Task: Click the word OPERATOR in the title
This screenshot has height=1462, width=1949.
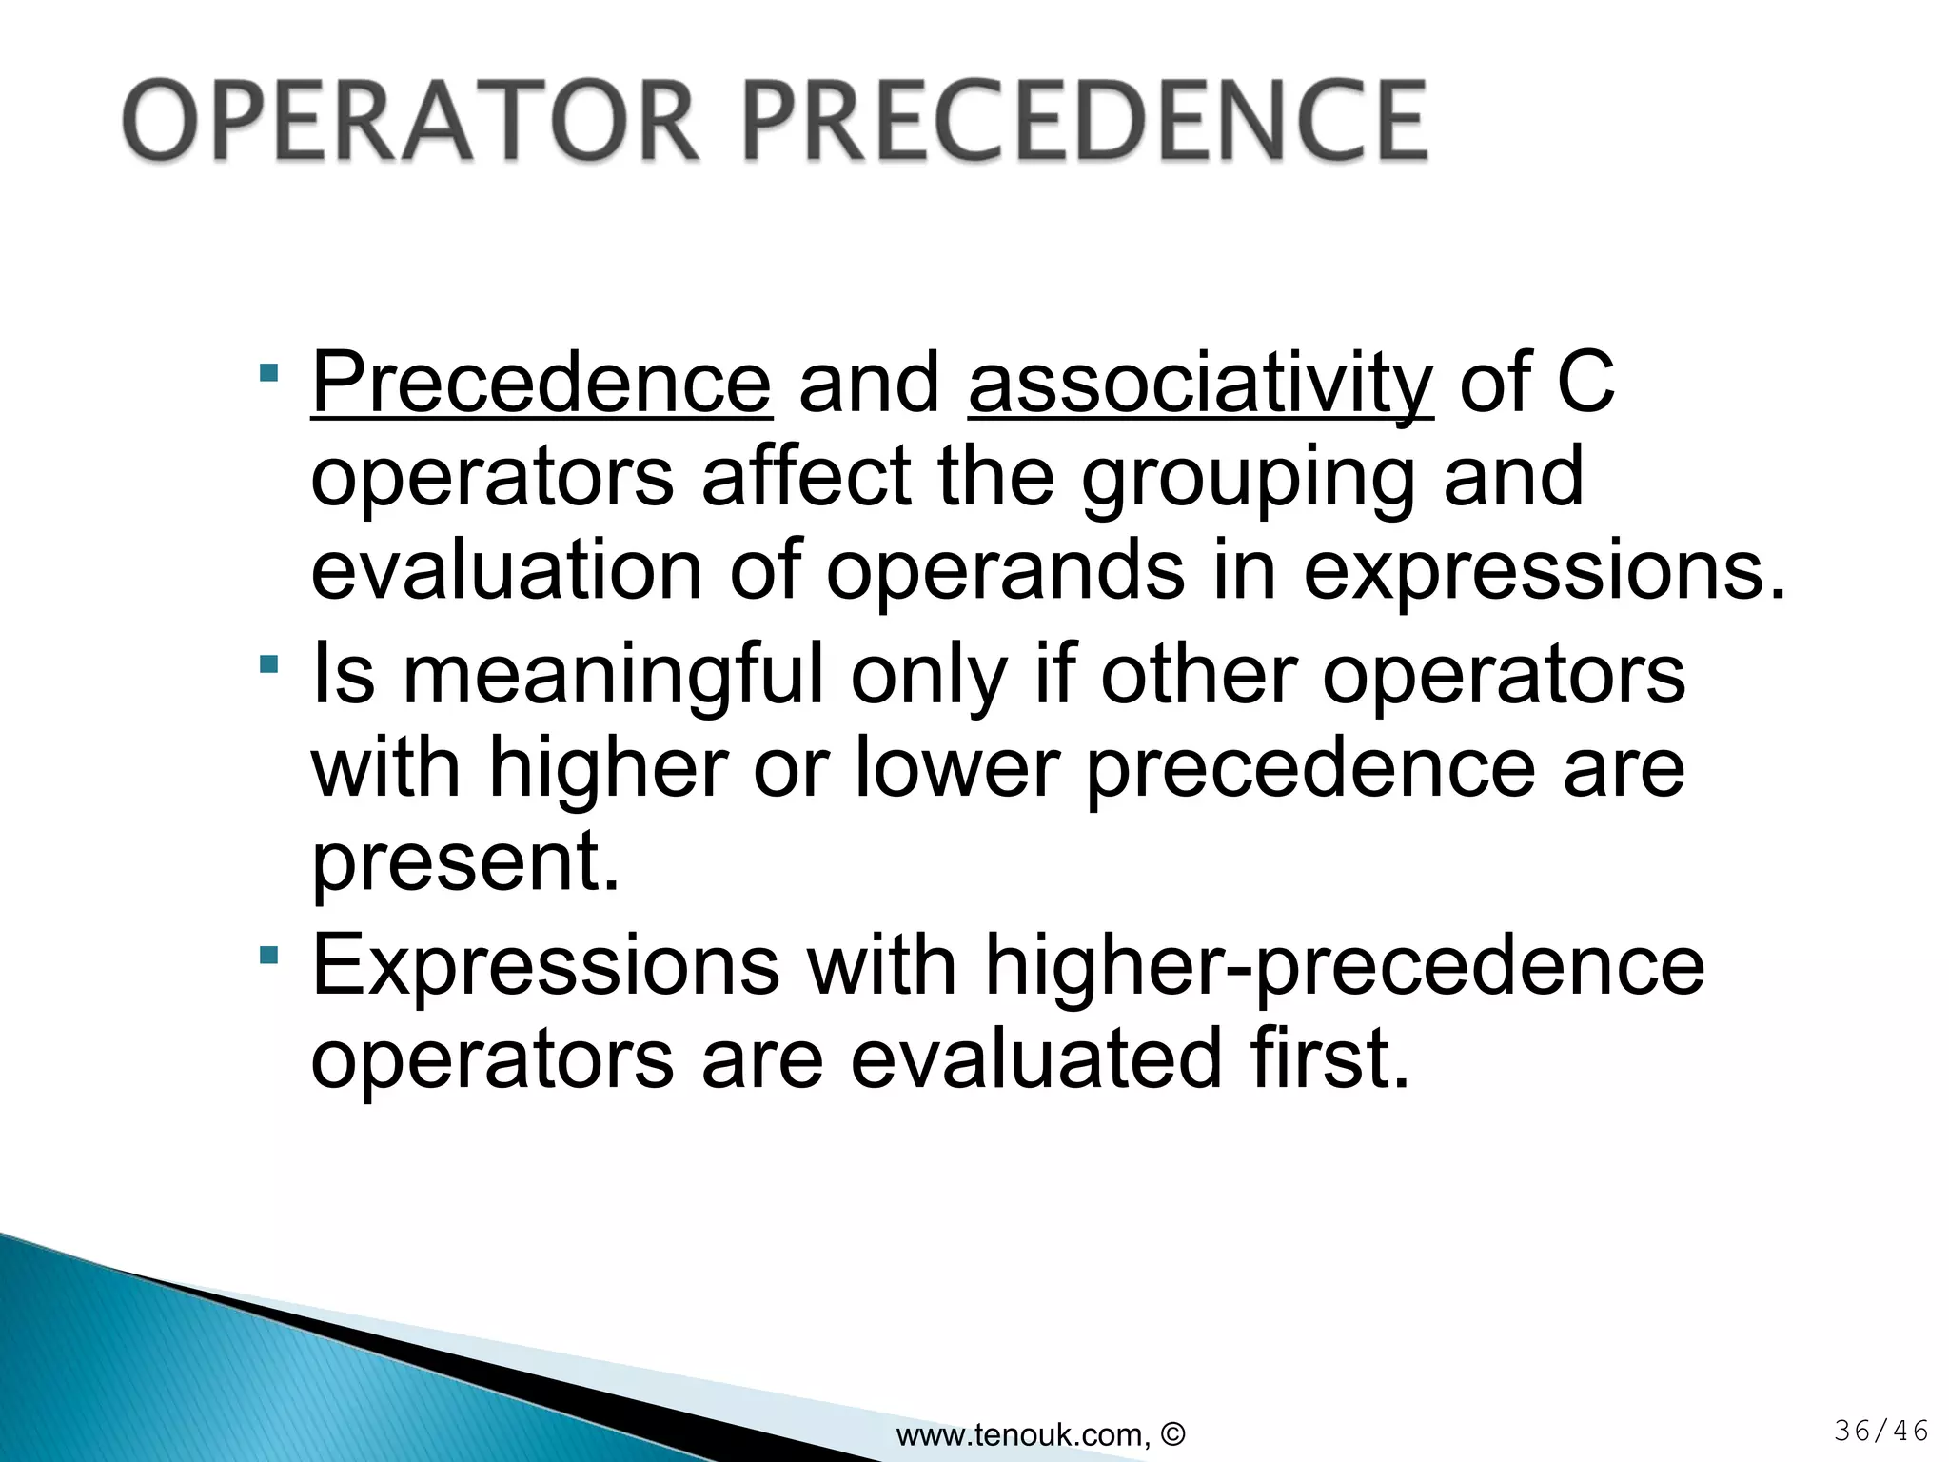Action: [x=412, y=121]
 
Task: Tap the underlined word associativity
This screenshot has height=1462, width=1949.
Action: [x=1200, y=385]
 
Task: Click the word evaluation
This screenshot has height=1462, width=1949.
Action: [x=505, y=570]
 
